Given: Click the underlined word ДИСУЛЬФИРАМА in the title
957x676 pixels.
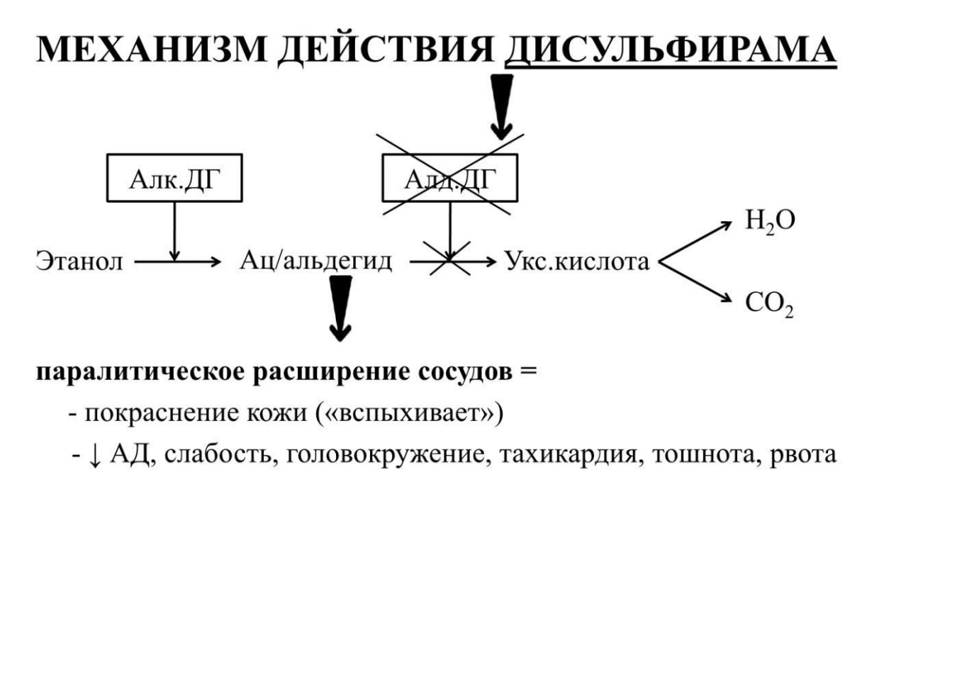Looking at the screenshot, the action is (671, 50).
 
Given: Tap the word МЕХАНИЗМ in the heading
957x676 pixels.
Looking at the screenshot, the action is (152, 50).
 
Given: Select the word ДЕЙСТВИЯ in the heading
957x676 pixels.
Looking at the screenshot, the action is (386, 51).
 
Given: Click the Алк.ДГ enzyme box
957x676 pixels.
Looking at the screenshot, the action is (174, 178).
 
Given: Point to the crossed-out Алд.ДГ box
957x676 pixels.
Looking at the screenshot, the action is (450, 178).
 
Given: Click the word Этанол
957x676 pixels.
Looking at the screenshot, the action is (79, 261).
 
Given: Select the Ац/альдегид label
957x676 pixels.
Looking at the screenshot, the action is (315, 261).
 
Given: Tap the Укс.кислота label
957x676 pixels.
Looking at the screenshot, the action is (577, 261).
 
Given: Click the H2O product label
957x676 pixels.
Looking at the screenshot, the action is (770, 221).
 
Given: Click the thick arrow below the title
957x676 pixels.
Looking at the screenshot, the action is (502, 107).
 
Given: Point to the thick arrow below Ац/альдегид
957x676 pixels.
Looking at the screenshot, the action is (340, 308).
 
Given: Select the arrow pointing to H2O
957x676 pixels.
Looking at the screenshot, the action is (695, 242).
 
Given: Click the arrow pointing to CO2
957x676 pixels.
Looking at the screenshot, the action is (695, 282).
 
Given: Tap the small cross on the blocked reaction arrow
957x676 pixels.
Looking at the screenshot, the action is (449, 259).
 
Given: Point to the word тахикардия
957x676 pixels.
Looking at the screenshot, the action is (571, 454).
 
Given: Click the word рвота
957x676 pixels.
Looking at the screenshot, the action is (803, 455).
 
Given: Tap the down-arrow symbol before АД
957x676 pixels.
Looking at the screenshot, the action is (94, 455).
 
